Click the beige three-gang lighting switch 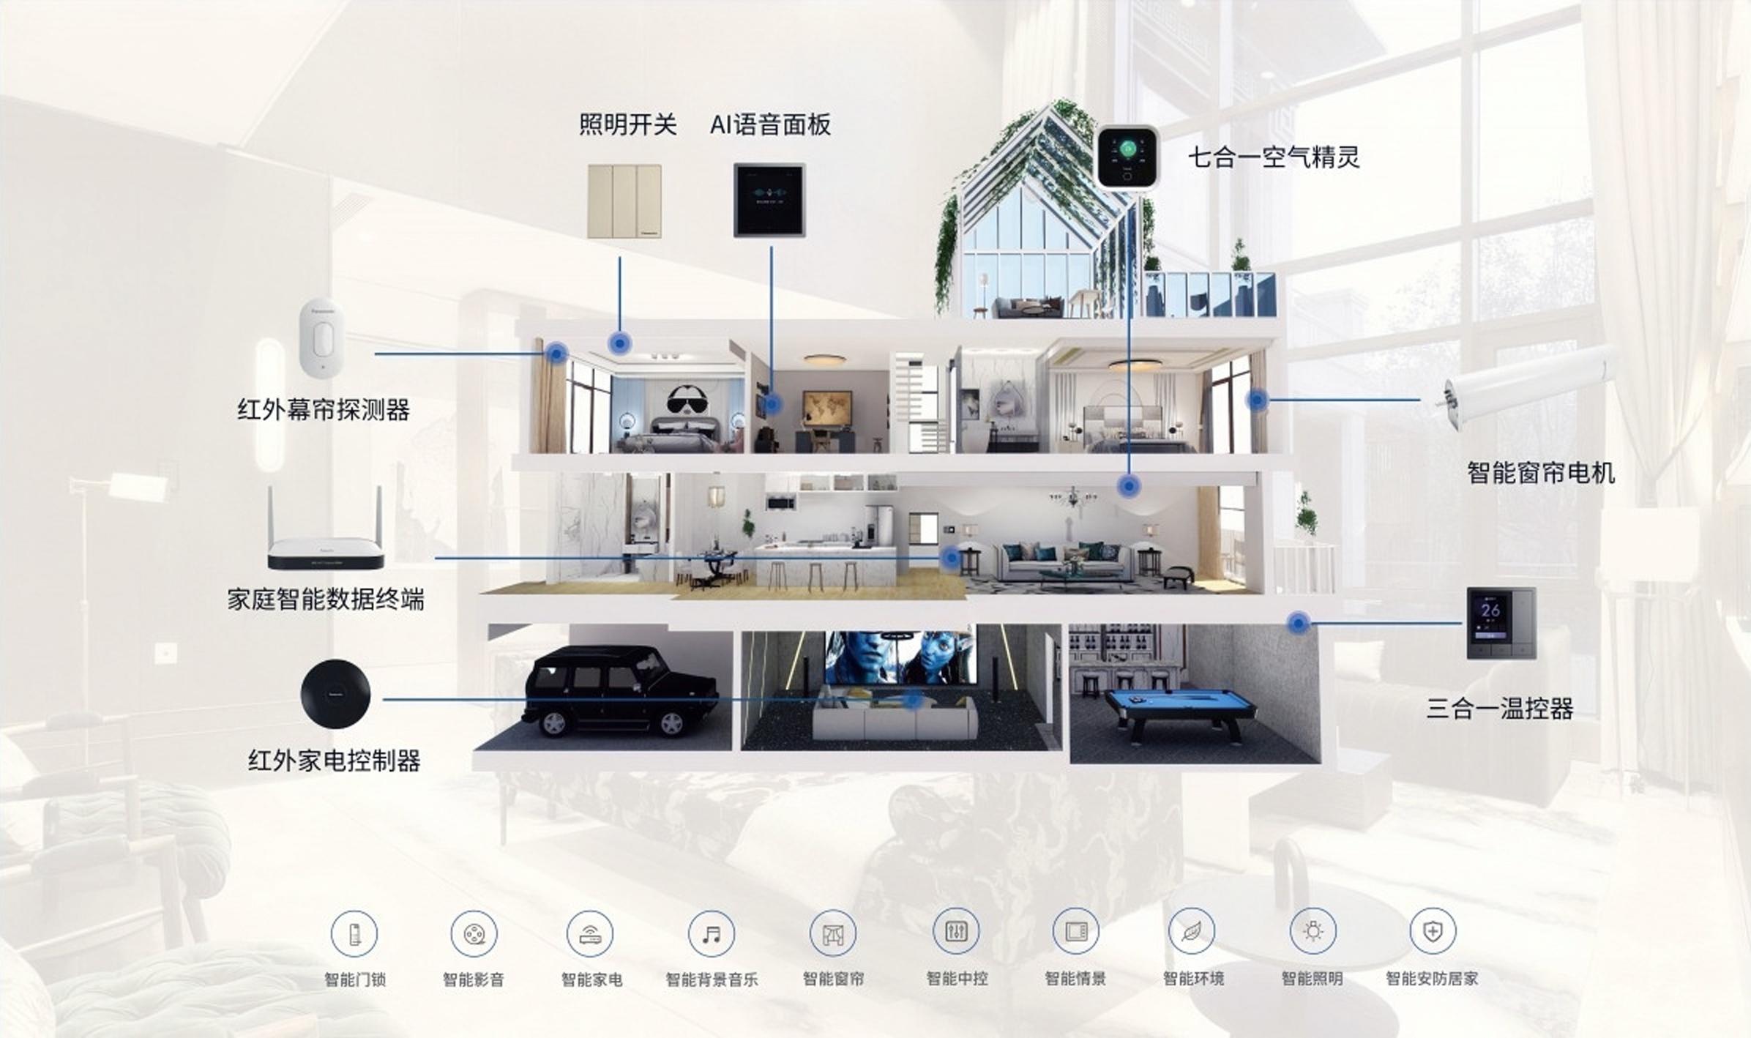click(624, 201)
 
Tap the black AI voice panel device click(769, 200)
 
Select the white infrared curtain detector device click(321, 338)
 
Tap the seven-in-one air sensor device click(1127, 157)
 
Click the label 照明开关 click(627, 124)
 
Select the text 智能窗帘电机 click(1540, 473)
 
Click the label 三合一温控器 click(1499, 709)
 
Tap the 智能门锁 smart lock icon click(354, 933)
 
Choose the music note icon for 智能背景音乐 click(711, 933)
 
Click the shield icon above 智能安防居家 click(1432, 931)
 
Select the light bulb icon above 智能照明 click(1313, 931)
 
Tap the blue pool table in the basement click(1179, 707)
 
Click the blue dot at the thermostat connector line click(1299, 623)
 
